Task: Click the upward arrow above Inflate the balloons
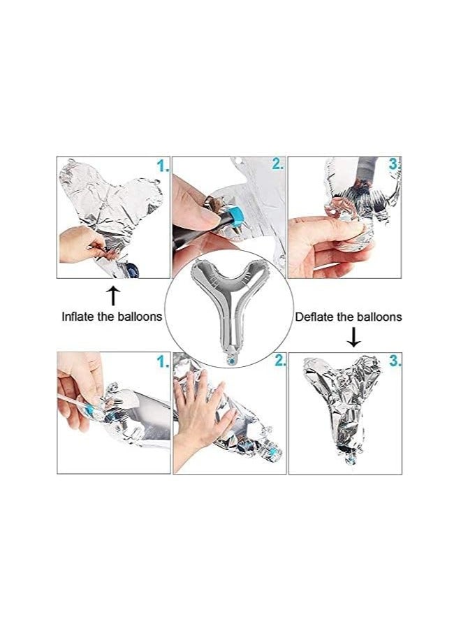pos(113,296)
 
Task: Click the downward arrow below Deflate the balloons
pos(353,337)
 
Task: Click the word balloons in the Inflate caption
pos(140,317)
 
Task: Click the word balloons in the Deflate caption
pos(379,317)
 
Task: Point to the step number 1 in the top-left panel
pos(162,166)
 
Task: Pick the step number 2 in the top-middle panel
pos(277,164)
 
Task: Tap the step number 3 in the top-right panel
pos(395,164)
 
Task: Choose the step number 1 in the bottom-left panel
pos(162,362)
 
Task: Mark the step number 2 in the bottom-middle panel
pos(279,361)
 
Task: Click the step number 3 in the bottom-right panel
pos(395,361)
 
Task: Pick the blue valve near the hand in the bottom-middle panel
pos(273,452)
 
